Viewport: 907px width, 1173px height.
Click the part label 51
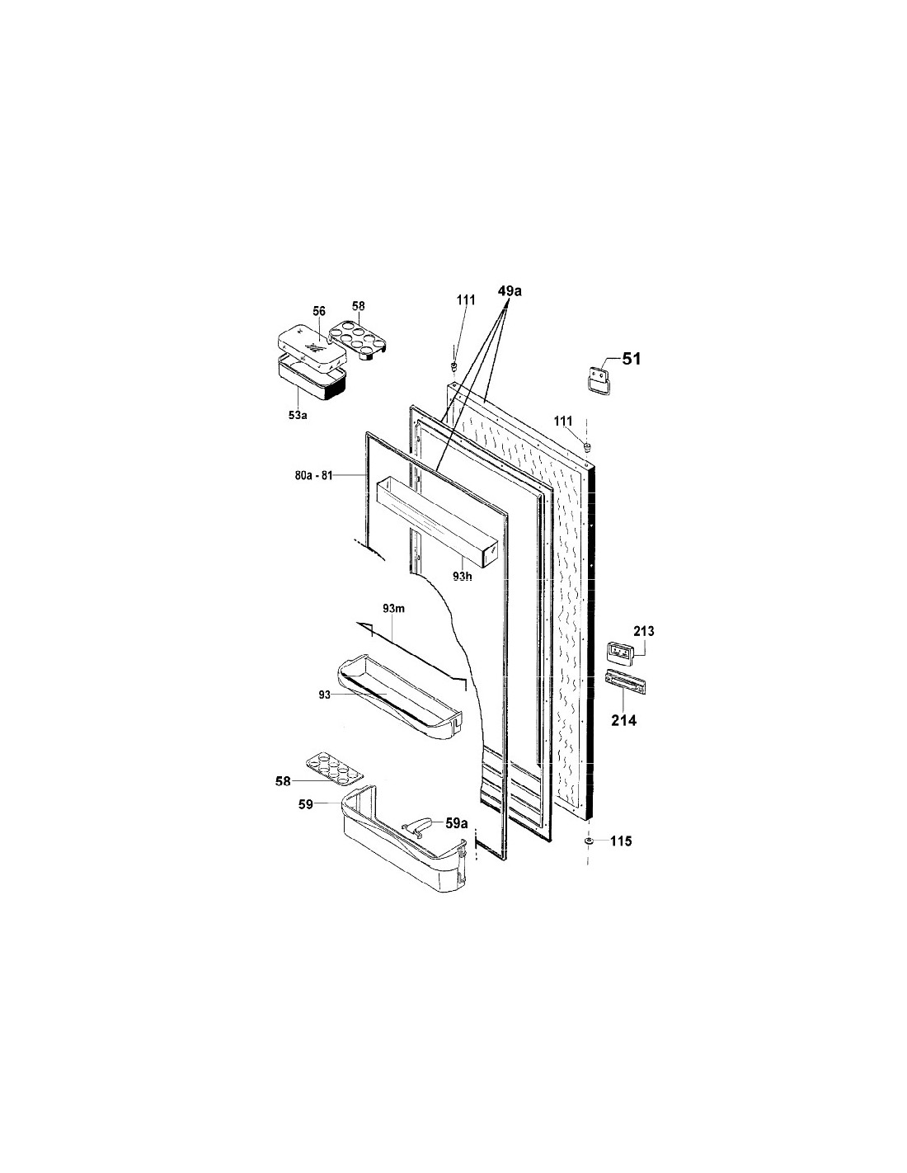point(632,359)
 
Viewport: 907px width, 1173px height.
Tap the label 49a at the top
point(510,291)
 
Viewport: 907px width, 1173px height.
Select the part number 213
point(644,631)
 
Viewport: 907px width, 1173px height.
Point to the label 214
point(623,721)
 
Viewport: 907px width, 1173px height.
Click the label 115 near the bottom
point(621,841)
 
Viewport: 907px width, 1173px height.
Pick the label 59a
point(456,823)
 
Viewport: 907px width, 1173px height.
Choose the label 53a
point(298,416)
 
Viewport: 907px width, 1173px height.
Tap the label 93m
point(394,609)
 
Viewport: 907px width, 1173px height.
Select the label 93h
point(462,577)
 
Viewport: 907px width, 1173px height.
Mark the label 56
point(319,312)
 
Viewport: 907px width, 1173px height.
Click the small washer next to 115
point(589,841)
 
